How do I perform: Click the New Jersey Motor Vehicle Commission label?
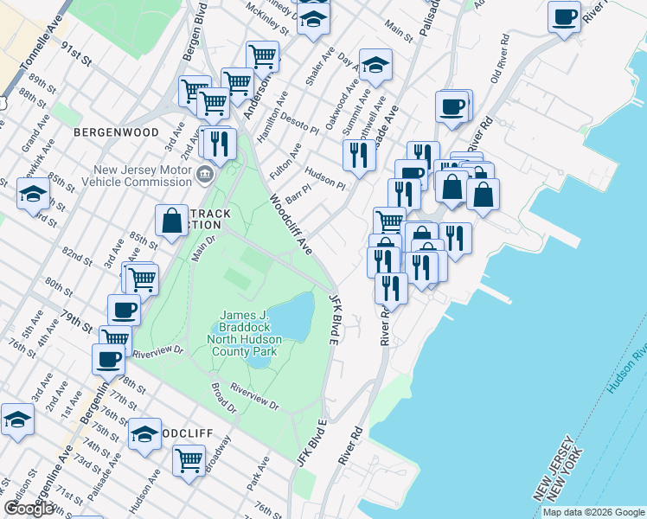click(x=143, y=176)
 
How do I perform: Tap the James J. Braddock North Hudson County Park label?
click(x=252, y=333)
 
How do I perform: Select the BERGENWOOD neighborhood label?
click(x=116, y=132)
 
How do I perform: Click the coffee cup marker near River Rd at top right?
click(x=564, y=17)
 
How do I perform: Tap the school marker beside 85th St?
click(x=33, y=194)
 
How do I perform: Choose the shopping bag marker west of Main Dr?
click(x=172, y=221)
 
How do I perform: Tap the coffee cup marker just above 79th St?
click(x=124, y=310)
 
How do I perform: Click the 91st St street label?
click(x=76, y=54)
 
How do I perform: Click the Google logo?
click(x=28, y=509)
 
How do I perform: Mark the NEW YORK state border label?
click(x=568, y=471)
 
